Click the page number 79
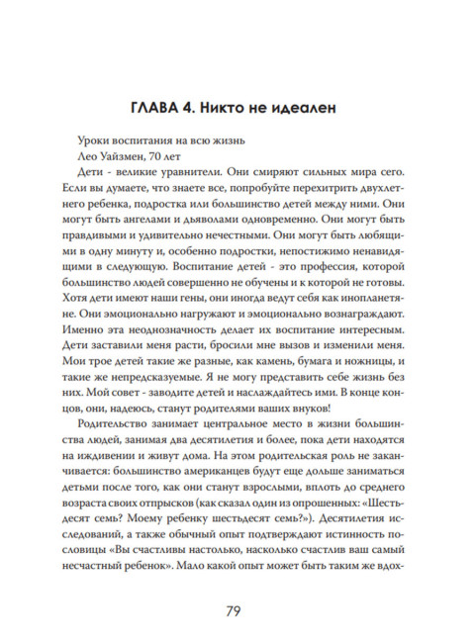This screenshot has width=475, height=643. point(237,608)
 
